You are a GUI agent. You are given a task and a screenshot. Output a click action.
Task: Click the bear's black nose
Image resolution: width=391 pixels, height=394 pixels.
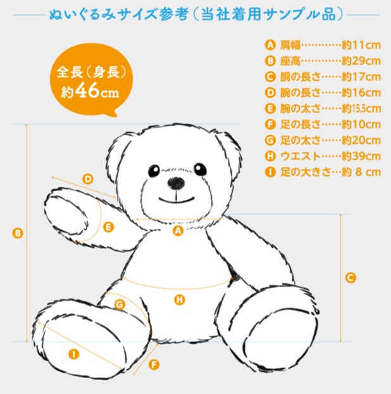point(176,183)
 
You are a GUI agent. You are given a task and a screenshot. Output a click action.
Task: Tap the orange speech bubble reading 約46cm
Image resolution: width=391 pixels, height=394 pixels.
point(91,80)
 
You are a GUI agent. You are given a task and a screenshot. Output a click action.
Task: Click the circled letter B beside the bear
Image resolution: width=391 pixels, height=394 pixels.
point(18,233)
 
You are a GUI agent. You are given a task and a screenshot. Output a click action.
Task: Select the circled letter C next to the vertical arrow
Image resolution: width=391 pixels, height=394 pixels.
point(351,278)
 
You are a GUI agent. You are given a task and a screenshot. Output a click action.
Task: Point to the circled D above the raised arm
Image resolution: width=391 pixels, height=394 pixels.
point(88,179)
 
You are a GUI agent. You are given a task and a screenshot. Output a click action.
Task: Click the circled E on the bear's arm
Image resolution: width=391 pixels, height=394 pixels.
point(109,227)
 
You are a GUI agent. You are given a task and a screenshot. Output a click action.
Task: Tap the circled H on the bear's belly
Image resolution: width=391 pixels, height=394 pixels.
point(180,300)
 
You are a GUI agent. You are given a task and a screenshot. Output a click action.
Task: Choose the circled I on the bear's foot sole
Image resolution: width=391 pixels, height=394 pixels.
point(74,354)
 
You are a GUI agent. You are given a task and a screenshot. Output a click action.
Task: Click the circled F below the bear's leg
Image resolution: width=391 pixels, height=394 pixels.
point(154,365)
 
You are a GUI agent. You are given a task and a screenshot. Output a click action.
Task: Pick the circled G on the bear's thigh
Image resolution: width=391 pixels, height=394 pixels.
point(120,305)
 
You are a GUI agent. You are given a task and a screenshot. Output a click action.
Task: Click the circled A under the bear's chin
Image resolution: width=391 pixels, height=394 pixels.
point(178,231)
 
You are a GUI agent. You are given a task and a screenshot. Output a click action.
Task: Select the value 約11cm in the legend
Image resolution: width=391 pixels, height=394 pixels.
point(361,46)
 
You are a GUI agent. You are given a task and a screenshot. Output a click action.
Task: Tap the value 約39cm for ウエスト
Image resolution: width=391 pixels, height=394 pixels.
point(361,156)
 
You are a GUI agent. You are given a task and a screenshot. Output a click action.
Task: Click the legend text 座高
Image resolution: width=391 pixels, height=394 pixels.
point(290,61)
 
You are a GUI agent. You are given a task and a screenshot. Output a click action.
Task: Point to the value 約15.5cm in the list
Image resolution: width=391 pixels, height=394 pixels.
point(361,109)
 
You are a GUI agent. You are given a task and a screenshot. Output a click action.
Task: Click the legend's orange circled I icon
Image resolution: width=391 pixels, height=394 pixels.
point(270,172)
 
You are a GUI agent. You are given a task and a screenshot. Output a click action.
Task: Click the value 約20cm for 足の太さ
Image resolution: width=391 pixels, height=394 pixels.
point(361,140)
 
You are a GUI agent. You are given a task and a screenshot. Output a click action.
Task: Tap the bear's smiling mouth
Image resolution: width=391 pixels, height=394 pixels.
point(177,199)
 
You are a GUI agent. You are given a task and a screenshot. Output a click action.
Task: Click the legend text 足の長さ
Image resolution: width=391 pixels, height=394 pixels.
point(301,125)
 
